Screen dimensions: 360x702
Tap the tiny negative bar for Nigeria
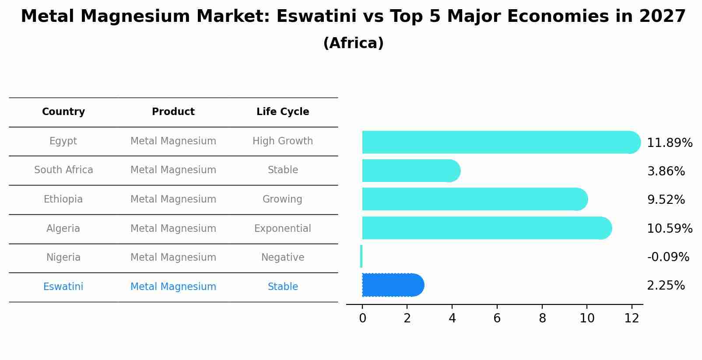coord(361,256)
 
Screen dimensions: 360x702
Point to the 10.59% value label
coord(669,229)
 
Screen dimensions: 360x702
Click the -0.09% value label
coord(668,257)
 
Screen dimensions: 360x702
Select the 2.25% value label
coord(666,286)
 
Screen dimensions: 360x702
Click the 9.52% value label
coord(666,200)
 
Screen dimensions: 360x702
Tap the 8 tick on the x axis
coord(542,318)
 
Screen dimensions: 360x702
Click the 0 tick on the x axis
coord(362,318)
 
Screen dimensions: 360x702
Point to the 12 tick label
coord(632,318)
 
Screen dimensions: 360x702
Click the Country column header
coord(63,112)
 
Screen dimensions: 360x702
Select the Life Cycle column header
coord(283,112)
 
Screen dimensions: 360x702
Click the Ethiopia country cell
coord(63,199)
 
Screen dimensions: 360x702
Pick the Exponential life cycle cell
coord(282,229)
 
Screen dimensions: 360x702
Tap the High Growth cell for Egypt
coord(282,141)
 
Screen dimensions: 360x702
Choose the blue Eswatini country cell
coord(63,287)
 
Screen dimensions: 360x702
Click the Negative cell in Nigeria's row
coord(282,258)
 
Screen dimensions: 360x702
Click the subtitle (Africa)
coord(353,43)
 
